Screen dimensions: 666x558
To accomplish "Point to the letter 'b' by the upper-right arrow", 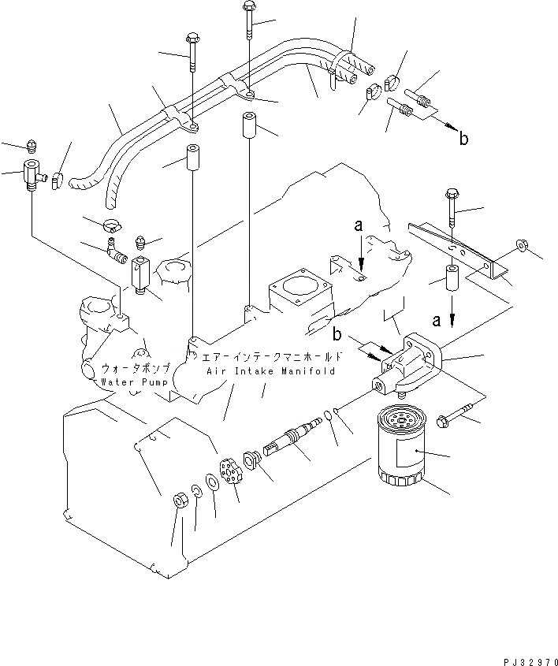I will (x=464, y=139).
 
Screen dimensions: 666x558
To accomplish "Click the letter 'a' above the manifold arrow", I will (x=359, y=225).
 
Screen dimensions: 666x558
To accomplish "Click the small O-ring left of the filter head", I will (x=337, y=411).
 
